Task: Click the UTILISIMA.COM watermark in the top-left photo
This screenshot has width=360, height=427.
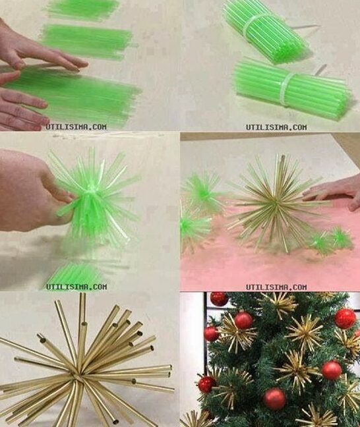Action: pyautogui.click(x=76, y=127)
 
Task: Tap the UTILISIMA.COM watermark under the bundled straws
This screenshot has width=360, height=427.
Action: pyautogui.click(x=277, y=127)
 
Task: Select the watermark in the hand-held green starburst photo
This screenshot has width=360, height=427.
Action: pyautogui.click(x=76, y=287)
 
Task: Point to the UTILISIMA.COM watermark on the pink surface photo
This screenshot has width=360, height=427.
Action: pyautogui.click(x=277, y=287)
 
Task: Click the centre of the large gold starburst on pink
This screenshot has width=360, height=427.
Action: pyautogui.click(x=276, y=202)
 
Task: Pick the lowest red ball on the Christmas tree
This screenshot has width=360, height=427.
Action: pyautogui.click(x=274, y=399)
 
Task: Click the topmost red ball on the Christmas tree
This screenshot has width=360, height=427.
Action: pyautogui.click(x=220, y=299)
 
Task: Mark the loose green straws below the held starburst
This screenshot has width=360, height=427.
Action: pyautogui.click(x=75, y=272)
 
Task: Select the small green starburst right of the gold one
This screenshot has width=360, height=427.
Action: pyautogui.click(x=331, y=240)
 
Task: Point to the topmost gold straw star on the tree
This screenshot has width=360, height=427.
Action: pyautogui.click(x=281, y=304)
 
